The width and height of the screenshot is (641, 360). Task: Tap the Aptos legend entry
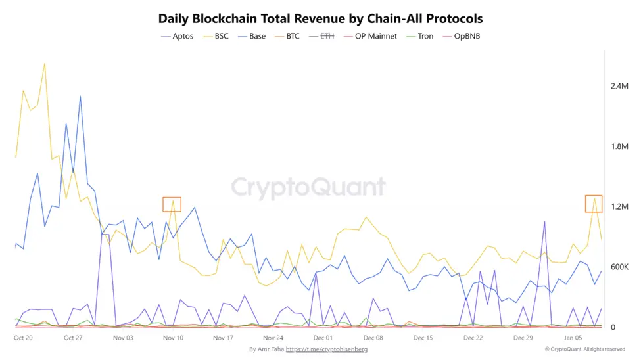pyautogui.click(x=181, y=36)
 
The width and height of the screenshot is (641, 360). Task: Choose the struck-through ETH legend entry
pyautogui.click(x=326, y=36)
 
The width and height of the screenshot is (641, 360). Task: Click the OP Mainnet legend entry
pyautogui.click(x=375, y=36)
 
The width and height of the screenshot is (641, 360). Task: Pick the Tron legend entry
pyautogui.click(x=425, y=36)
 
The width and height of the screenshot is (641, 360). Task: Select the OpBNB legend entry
pyautogui.click(x=466, y=36)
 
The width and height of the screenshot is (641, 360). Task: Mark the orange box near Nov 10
pyautogui.click(x=172, y=204)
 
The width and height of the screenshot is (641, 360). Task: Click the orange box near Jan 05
pyautogui.click(x=594, y=204)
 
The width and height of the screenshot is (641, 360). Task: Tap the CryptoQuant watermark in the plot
pyautogui.click(x=308, y=187)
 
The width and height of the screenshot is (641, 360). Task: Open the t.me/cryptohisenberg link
pyautogui.click(x=327, y=349)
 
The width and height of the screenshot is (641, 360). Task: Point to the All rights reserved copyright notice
pyautogui.click(x=584, y=349)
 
